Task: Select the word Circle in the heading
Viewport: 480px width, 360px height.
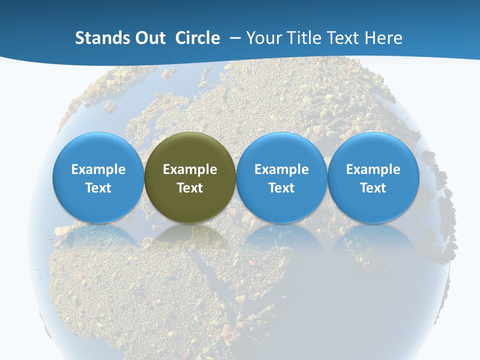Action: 197,38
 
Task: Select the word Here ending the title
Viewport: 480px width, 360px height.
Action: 383,38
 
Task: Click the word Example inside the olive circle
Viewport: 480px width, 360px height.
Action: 190,169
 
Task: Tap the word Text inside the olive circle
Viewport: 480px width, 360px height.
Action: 190,188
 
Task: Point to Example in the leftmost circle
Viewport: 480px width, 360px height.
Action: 98,169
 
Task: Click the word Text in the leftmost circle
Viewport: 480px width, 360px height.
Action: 98,188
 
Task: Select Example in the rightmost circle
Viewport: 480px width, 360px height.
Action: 373,169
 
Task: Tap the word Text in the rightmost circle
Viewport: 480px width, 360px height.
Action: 373,188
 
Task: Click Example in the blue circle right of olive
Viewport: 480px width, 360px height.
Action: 281,169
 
